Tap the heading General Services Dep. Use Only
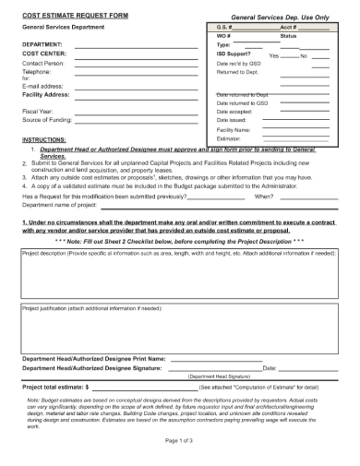point(279,17)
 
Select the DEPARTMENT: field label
point(42,44)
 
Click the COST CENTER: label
point(44,54)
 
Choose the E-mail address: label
point(42,85)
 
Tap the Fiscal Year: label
point(38,111)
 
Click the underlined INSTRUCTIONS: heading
point(44,138)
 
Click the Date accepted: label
point(236,112)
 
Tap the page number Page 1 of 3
point(179,441)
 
